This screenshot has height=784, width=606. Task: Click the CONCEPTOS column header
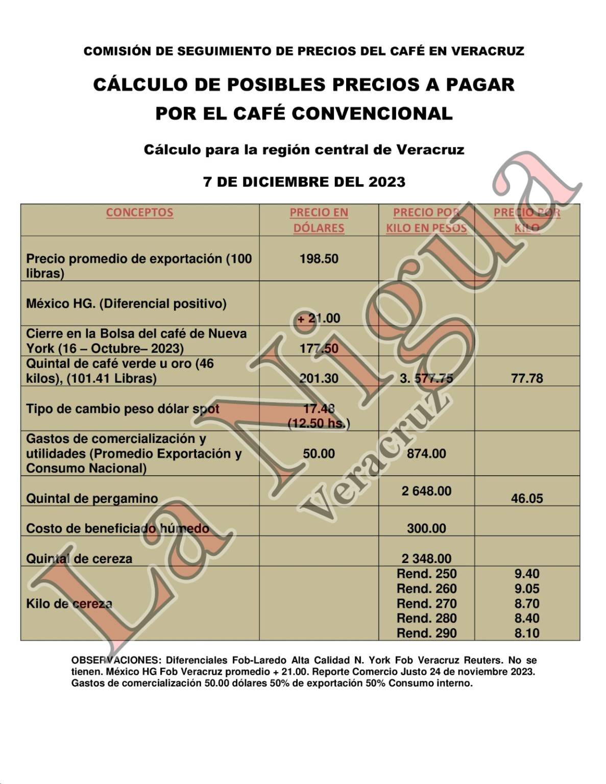[139, 212]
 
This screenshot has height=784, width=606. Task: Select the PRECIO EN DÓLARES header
[319, 220]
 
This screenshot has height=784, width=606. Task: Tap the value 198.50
[319, 259]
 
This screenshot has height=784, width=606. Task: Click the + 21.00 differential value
[319, 318]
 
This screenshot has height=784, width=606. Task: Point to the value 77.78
[527, 379]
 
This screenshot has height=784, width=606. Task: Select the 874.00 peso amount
[426, 454]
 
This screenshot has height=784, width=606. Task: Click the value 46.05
[527, 499]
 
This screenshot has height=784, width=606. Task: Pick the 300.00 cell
[426, 529]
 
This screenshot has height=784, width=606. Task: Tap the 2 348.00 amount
[426, 559]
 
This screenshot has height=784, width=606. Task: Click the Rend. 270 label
[426, 604]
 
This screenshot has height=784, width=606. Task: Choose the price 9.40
[527, 574]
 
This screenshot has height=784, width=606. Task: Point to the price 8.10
[527, 633]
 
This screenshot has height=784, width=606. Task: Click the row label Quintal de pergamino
[92, 499]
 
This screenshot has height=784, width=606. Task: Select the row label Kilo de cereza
[69, 604]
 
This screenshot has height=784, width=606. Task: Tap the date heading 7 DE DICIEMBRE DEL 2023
[304, 182]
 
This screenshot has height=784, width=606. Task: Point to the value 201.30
[319, 379]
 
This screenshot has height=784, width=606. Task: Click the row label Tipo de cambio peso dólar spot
[123, 409]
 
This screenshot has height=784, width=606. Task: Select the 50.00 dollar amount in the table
[319, 454]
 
